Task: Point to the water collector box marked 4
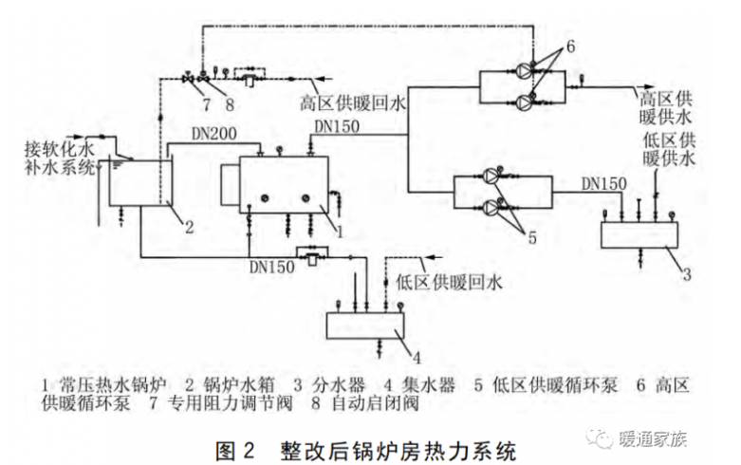[365, 324]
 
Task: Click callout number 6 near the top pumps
[571, 46]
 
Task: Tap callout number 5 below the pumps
[532, 239]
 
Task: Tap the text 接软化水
[58, 150]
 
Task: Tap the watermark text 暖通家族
[651, 438]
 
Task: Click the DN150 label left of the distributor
[604, 180]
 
